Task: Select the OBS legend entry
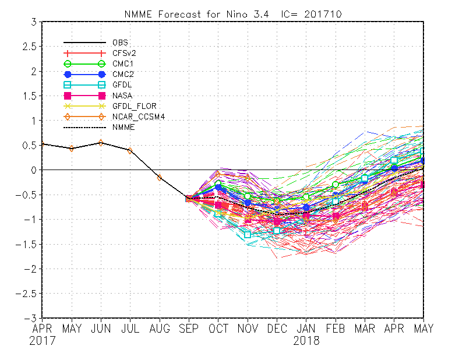click(x=119, y=43)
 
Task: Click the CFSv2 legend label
click(x=124, y=53)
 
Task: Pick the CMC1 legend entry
click(x=122, y=63)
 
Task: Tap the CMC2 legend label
click(x=122, y=74)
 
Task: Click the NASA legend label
click(x=121, y=96)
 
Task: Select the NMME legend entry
click(x=122, y=127)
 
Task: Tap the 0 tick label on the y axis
click(x=34, y=170)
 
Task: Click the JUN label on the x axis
click(x=101, y=329)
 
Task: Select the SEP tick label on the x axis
click(x=189, y=329)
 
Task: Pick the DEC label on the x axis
click(x=277, y=329)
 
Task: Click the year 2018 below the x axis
click(x=306, y=341)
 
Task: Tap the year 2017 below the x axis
click(x=42, y=341)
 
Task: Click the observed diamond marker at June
click(x=101, y=142)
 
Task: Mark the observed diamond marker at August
click(x=160, y=177)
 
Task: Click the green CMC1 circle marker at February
click(x=336, y=185)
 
